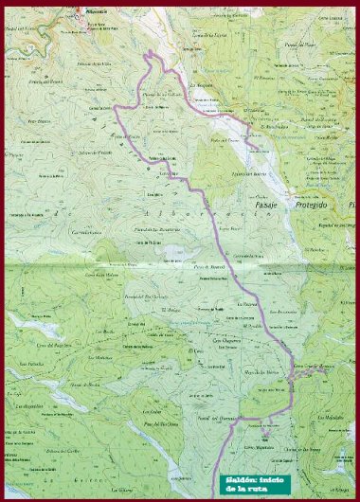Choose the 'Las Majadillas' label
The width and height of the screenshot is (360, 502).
click(x=331, y=418)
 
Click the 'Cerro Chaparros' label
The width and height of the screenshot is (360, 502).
click(x=227, y=338)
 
